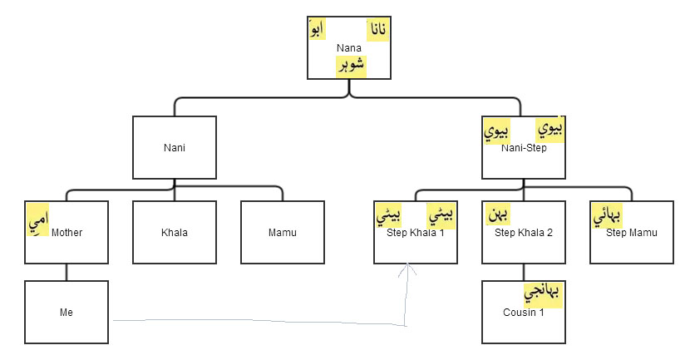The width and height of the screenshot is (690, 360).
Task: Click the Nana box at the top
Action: pos(349,47)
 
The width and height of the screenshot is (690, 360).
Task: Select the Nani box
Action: pos(175,148)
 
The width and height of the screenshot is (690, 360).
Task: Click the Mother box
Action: pos(67,232)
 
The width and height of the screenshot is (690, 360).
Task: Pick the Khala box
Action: pos(175,232)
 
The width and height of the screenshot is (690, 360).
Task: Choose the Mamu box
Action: pos(283,232)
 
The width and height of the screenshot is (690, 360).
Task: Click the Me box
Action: pos(67,313)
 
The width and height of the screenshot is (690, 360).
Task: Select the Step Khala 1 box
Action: pos(416,233)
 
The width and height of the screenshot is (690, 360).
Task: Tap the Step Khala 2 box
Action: pos(524,233)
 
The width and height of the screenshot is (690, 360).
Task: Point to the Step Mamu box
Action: pos(632,233)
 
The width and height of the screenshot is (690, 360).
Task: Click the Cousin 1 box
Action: pos(524,313)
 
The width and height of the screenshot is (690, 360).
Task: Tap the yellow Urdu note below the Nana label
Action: pos(351,66)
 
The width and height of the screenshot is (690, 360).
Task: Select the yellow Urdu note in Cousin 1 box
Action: pos(544,294)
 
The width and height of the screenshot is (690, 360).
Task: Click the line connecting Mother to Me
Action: pos(67,273)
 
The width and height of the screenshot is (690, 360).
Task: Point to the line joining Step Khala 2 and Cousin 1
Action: pos(524,273)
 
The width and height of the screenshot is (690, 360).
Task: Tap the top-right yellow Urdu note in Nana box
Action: pos(377,31)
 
